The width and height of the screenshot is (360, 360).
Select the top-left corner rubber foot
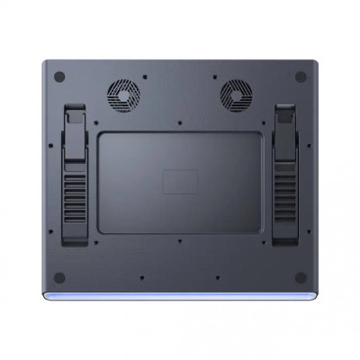pyautogui.click(x=60, y=76)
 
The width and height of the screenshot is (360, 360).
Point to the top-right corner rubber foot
pyautogui.click(x=300, y=76)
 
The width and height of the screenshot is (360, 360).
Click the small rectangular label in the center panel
pyautogui.click(x=178, y=181)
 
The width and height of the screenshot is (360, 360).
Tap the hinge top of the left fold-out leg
pyautogui.click(x=75, y=117)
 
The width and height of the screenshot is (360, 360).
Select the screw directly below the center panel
pyautogui.click(x=179, y=240)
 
